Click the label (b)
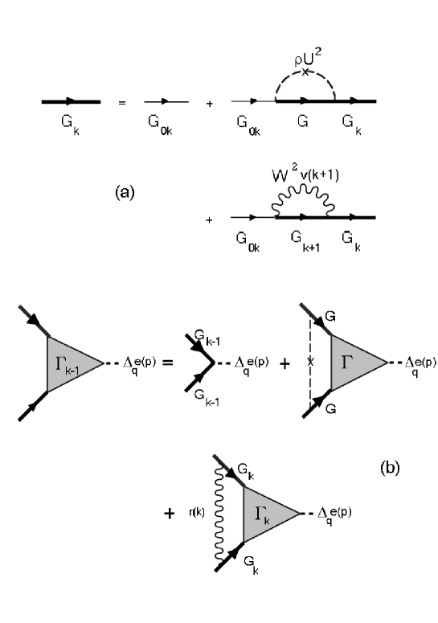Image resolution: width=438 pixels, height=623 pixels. (x=392, y=464)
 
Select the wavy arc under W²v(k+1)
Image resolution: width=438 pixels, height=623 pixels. (x=305, y=201)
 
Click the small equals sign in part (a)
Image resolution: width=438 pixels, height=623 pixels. (x=121, y=103)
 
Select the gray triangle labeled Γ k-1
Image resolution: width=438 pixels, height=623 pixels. (x=71, y=363)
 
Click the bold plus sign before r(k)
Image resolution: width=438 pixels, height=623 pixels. (x=170, y=512)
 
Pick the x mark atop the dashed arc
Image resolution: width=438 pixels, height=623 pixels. (x=305, y=70)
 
